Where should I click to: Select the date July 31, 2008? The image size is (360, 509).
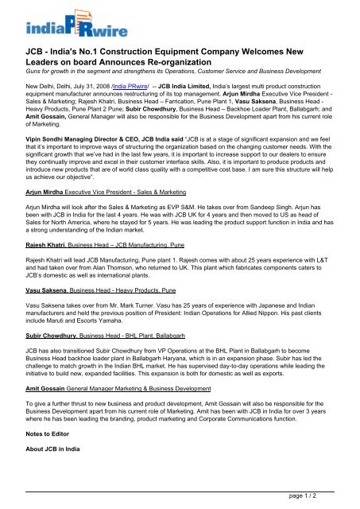pyautogui.click(x=87, y=106)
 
